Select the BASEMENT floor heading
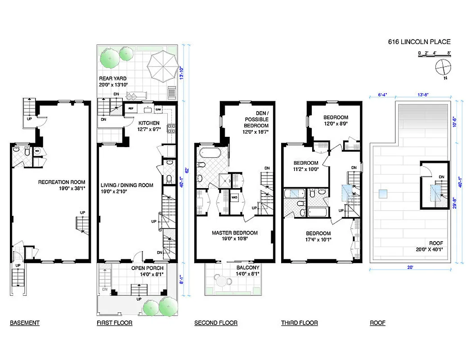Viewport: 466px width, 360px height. click(24, 323)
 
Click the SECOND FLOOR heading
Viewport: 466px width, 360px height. click(216, 323)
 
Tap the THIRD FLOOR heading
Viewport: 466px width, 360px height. click(300, 323)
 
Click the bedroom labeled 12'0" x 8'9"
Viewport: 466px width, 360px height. click(336, 120)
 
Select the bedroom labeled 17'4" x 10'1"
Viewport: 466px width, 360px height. click(318, 237)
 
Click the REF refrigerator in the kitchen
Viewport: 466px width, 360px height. click(131, 109)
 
